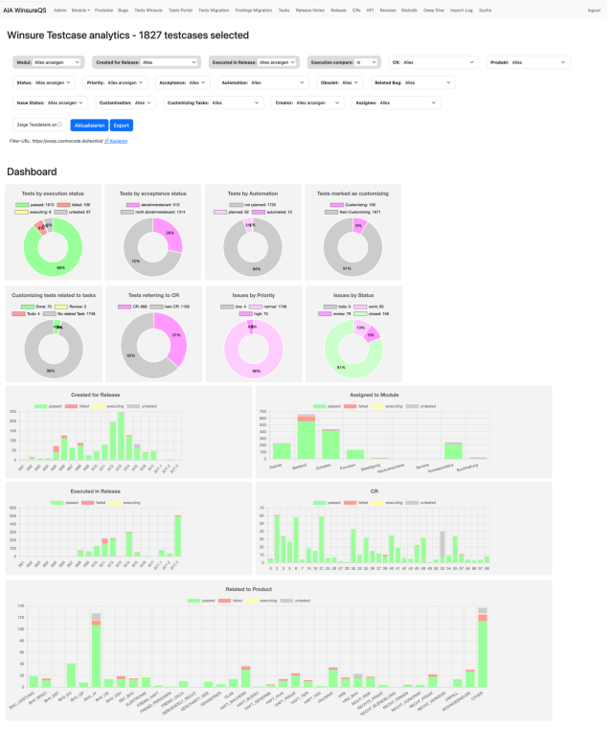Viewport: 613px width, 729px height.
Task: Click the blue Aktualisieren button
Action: [x=88, y=125]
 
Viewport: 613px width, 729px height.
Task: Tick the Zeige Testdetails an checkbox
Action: [x=59, y=125]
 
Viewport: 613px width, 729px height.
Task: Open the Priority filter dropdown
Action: [x=120, y=82]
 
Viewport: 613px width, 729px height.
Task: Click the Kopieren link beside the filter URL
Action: [x=116, y=141]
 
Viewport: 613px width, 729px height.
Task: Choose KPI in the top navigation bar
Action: [x=370, y=9]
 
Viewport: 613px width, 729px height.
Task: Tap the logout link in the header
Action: [x=594, y=9]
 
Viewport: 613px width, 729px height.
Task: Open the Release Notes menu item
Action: [x=310, y=9]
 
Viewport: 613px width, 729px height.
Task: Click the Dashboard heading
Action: [x=32, y=171]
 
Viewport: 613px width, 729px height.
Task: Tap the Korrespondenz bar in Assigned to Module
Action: [x=453, y=450]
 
